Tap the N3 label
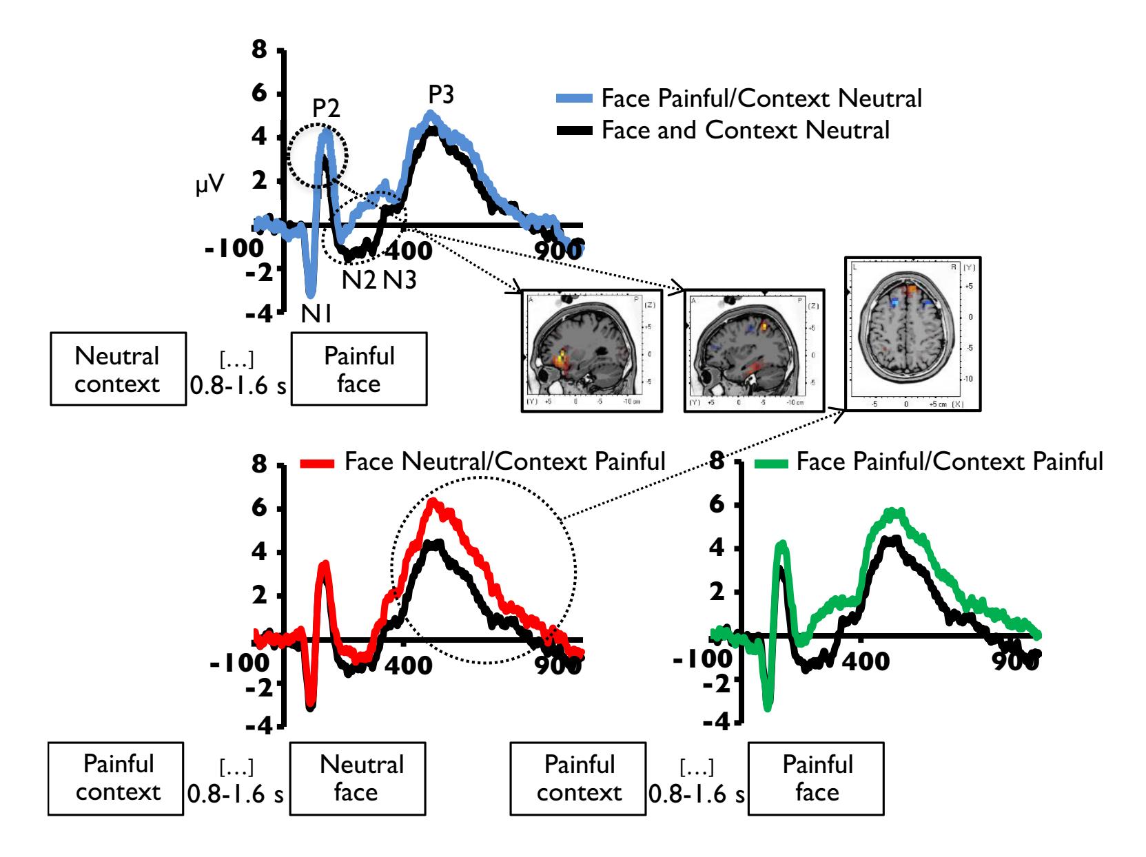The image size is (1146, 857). [400, 280]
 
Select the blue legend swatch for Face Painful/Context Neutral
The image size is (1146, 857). [574, 99]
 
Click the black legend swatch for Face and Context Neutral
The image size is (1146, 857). [574, 130]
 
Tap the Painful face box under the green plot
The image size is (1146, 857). [817, 778]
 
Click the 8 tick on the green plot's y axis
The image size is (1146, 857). [717, 460]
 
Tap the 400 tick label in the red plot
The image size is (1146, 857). [414, 663]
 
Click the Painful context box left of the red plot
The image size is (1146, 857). [116, 778]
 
